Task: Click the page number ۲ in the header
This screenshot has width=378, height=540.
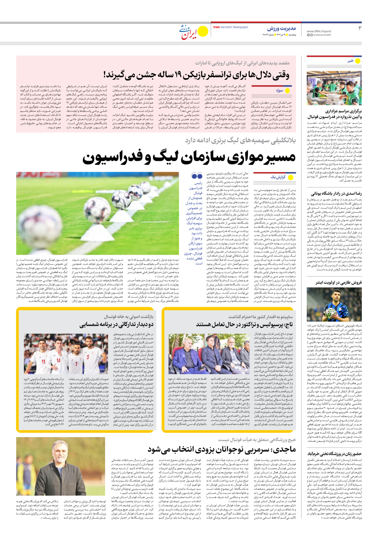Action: (x=360, y=28)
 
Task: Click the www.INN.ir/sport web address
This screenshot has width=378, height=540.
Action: (x=319, y=31)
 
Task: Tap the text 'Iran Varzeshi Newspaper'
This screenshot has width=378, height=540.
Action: (x=231, y=27)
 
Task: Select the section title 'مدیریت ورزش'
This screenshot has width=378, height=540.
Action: (x=281, y=28)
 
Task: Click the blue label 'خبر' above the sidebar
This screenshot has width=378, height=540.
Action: (x=350, y=61)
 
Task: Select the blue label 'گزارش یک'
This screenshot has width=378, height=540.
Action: (x=278, y=177)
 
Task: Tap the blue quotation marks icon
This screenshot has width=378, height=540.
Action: (x=197, y=175)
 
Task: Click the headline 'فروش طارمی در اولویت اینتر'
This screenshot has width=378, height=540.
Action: (x=339, y=282)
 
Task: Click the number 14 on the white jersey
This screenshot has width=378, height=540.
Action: (x=58, y=360)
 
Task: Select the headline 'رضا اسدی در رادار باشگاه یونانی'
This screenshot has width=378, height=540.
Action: (x=336, y=193)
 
